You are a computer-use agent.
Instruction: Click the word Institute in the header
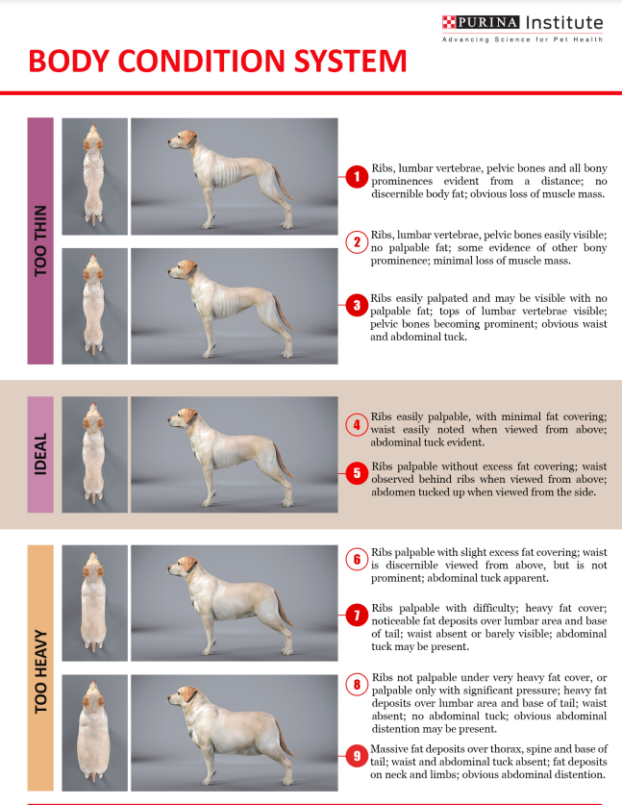(561, 23)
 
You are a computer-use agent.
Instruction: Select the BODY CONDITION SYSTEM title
(217, 62)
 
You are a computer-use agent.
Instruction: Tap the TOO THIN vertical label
(40, 240)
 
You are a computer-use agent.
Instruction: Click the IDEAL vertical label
(40, 454)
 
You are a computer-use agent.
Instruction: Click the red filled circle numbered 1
(356, 176)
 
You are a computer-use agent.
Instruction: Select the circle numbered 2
(356, 241)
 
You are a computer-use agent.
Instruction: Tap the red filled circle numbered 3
(356, 306)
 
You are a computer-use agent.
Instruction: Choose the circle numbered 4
(356, 424)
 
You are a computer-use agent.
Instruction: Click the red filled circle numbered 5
(356, 472)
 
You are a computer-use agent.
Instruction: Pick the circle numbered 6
(356, 559)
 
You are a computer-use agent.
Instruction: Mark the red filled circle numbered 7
(356, 613)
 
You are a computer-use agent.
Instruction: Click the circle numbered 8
(356, 685)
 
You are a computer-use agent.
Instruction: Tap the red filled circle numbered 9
(356, 755)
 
